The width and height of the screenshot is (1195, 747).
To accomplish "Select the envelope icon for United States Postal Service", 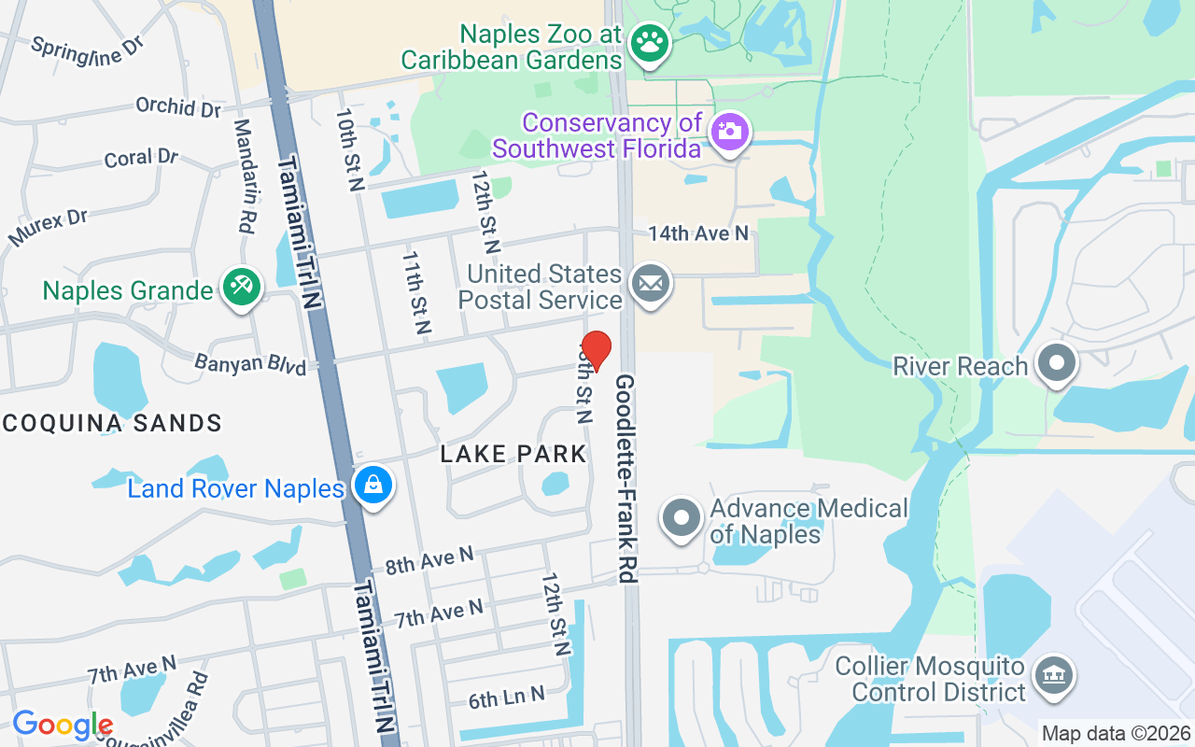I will click(650, 282).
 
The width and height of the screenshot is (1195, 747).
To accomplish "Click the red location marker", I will click(597, 350).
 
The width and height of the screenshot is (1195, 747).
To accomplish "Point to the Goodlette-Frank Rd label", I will click(626, 479).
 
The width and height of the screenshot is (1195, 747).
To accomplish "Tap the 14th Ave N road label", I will click(699, 233).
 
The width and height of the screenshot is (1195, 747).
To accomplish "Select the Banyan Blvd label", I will click(250, 363).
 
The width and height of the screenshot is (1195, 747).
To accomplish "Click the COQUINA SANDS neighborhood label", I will click(111, 423).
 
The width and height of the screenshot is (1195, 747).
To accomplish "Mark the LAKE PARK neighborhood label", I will click(513, 454).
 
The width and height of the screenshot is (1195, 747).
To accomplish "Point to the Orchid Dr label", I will click(178, 106).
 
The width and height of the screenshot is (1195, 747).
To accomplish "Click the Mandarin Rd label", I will click(245, 176).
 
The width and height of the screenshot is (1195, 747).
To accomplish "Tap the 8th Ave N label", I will click(429, 561).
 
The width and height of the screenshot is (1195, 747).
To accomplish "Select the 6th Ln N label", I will click(507, 698).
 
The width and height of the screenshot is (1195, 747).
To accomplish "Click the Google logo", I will click(63, 725).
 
